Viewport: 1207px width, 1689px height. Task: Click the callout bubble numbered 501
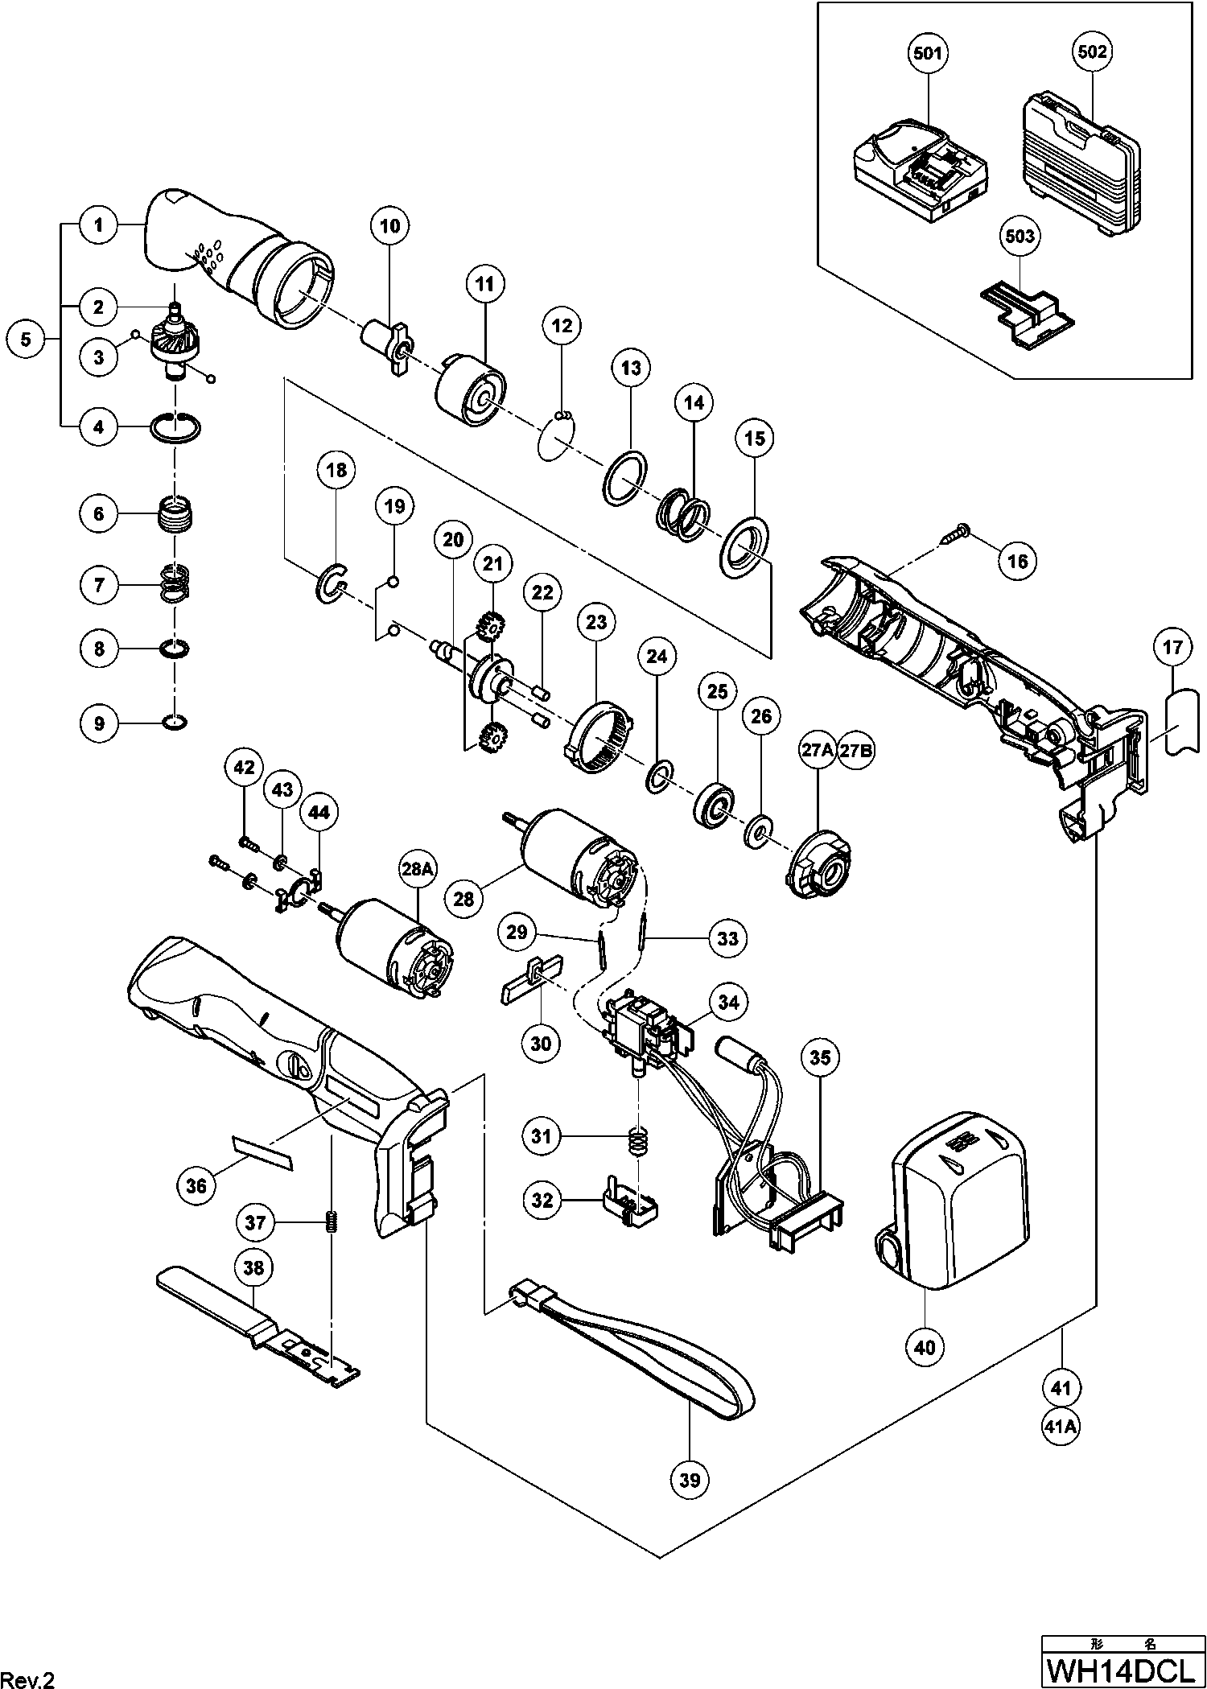coord(928,54)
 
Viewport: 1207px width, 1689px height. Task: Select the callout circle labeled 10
coord(389,226)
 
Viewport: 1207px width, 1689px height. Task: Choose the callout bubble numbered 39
coord(690,1480)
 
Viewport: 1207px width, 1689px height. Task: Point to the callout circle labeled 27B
coord(856,750)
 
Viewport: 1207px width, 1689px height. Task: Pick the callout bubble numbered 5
coord(27,339)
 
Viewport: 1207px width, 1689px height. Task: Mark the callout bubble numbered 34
coord(728,1002)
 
